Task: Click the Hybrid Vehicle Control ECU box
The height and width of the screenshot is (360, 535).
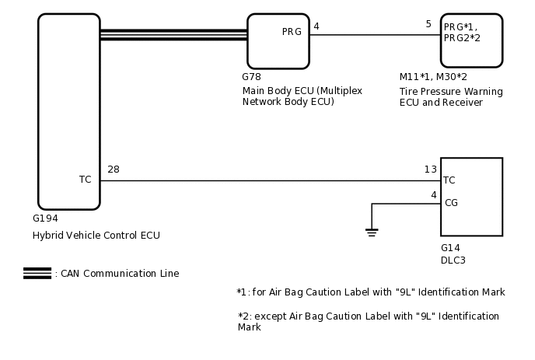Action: click(x=69, y=111)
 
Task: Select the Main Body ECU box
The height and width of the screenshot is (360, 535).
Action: click(x=278, y=41)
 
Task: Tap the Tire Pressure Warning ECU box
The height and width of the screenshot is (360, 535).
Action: click(x=471, y=41)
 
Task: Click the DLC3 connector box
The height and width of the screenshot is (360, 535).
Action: click(x=471, y=197)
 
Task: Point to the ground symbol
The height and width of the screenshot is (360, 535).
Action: click(x=372, y=231)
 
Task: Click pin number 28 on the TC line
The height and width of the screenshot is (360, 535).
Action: click(x=114, y=170)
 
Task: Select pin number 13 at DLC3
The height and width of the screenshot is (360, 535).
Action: click(x=430, y=170)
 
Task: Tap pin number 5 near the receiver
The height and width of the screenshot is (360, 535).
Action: click(x=428, y=25)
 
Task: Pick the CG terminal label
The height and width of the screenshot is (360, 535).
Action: click(x=450, y=204)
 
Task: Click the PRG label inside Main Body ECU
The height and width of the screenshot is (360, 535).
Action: click(x=292, y=32)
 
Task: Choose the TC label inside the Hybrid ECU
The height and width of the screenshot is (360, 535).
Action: click(x=86, y=180)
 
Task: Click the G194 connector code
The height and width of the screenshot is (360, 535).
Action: click(x=45, y=218)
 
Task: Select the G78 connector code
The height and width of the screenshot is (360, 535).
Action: click(x=251, y=77)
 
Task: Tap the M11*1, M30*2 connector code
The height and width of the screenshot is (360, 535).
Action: click(x=432, y=77)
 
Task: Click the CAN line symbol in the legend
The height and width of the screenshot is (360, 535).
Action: click(x=37, y=273)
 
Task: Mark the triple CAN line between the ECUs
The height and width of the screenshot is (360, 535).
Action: click(x=173, y=34)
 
